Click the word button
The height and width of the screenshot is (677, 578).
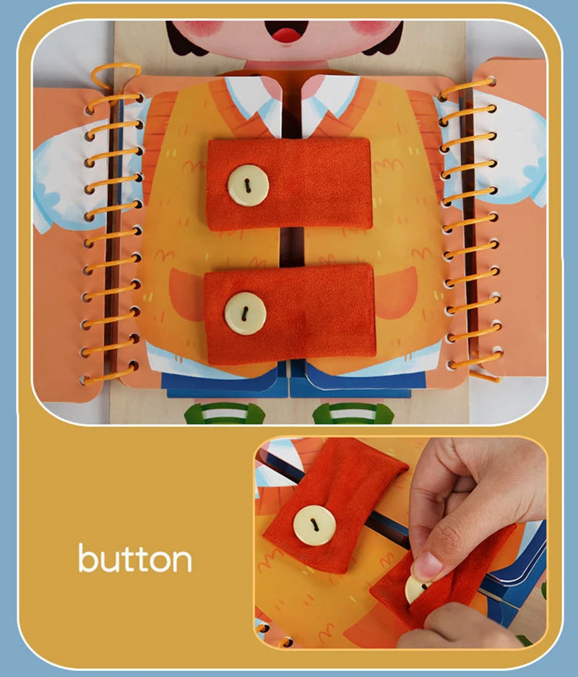tap(135, 558)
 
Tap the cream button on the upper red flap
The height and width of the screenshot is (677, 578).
tap(248, 185)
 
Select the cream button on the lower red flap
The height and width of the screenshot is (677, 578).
tap(245, 313)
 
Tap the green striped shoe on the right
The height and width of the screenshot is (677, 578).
tap(353, 413)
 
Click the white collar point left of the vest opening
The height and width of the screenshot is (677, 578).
tap(250, 102)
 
